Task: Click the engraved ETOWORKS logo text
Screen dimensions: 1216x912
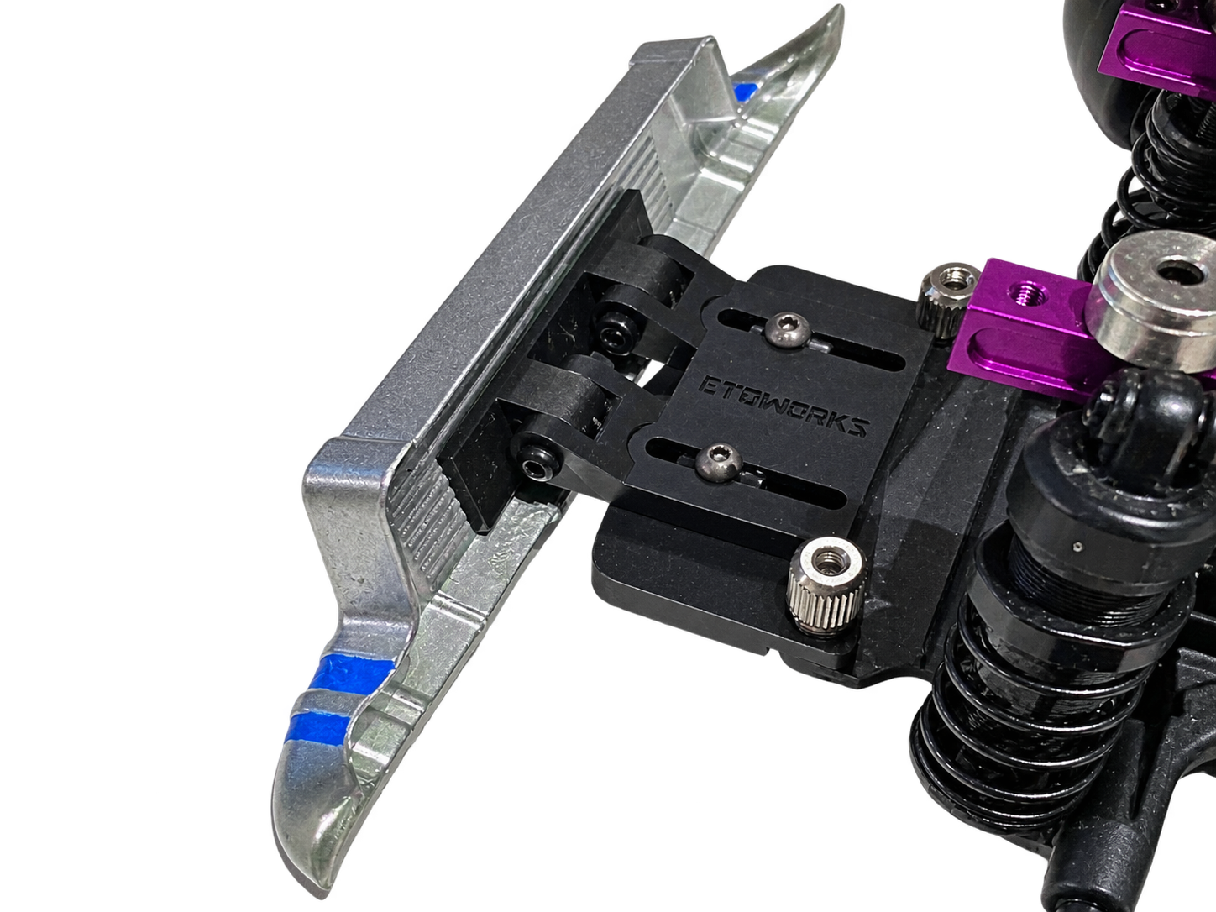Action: point(782,406)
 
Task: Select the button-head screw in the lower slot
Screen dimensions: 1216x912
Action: point(719,463)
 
